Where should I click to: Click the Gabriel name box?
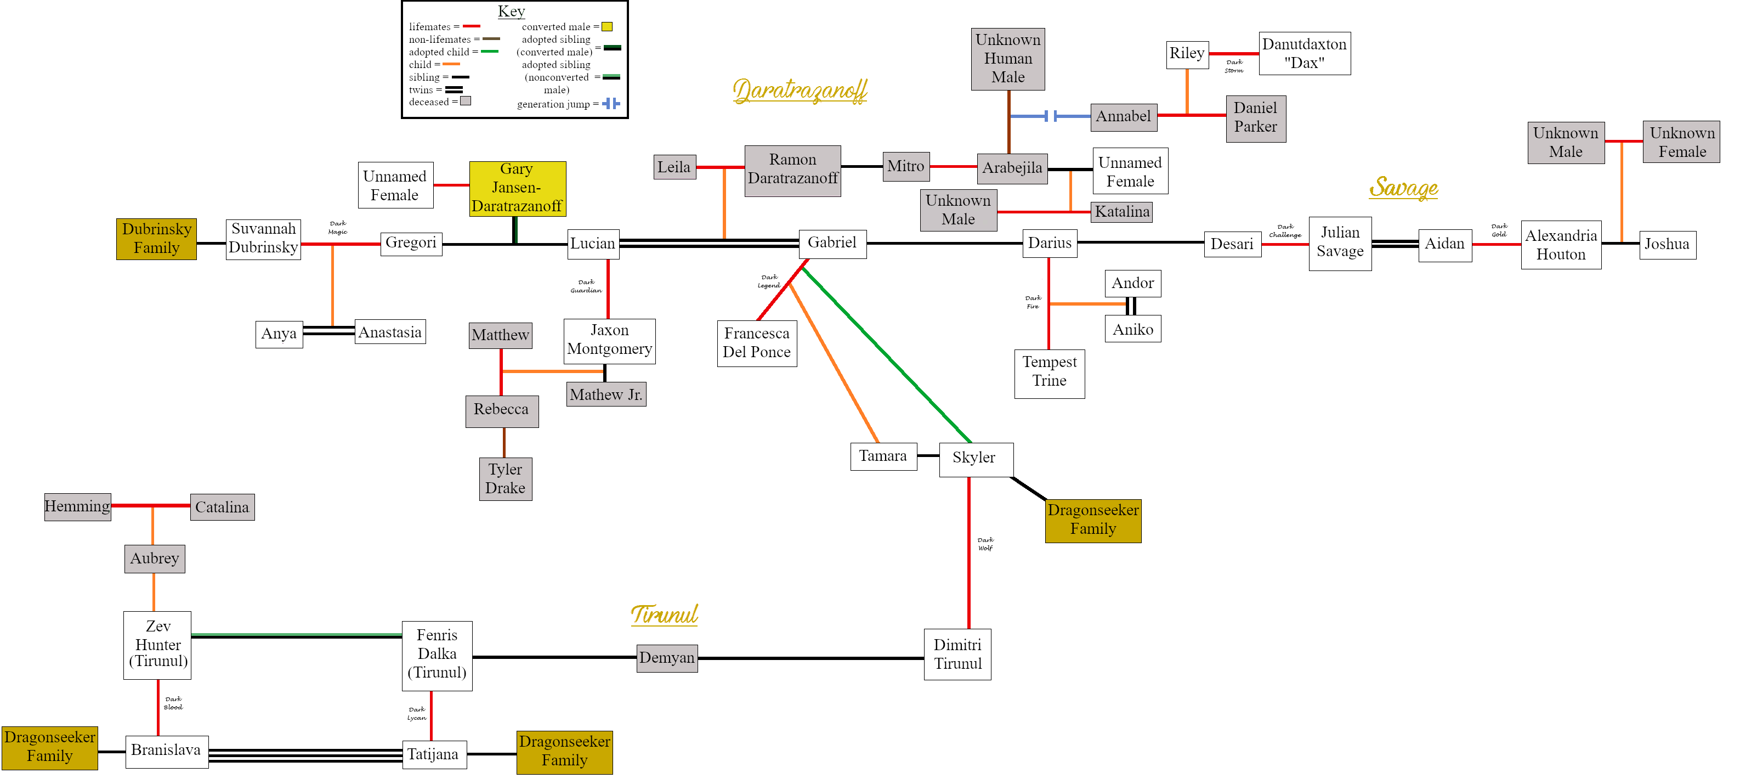click(x=832, y=243)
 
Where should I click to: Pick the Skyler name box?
click(x=976, y=459)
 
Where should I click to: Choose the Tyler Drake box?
click(x=505, y=478)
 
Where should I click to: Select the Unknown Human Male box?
click(x=1008, y=59)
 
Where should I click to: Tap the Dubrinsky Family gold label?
click(x=157, y=239)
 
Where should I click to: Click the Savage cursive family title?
click(x=1404, y=187)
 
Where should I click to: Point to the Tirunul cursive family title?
click(x=665, y=614)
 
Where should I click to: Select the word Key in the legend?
click(x=511, y=12)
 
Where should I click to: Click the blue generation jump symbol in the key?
click(x=611, y=103)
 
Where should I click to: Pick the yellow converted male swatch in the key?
click(x=607, y=27)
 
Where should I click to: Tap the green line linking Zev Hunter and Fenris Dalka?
click(x=297, y=635)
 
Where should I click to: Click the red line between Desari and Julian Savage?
click(x=1285, y=244)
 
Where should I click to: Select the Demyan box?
click(x=667, y=658)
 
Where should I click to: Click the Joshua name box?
click(x=1667, y=245)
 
